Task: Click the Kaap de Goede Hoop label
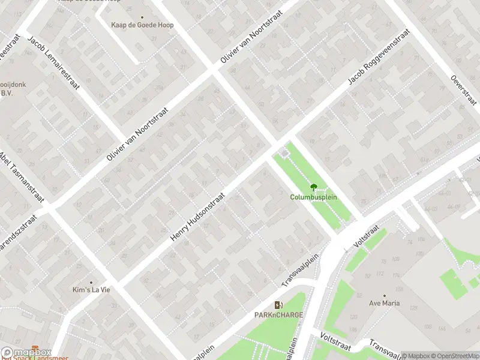pos(142,25)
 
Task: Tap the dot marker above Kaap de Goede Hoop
pos(142,17)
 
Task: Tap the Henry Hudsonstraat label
pos(197,217)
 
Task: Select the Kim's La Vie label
pos(91,290)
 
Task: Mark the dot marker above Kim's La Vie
pos(91,282)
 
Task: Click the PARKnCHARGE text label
pos(278,314)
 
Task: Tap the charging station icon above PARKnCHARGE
pos(278,305)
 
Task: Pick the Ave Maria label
pos(384,303)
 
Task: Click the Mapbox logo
pos(26,353)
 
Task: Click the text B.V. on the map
pos(7,93)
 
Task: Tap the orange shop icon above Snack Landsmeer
pos(35,348)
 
